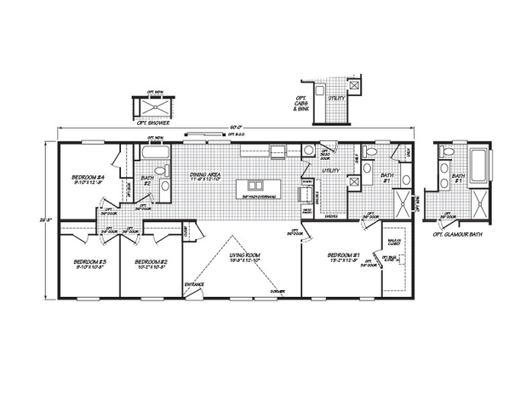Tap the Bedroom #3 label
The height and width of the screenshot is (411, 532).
pyautogui.click(x=89, y=263)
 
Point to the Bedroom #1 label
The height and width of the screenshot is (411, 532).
pyautogui.click(x=345, y=254)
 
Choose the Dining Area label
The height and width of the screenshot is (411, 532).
pyautogui.click(x=205, y=176)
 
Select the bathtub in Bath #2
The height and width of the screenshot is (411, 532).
pyautogui.click(x=155, y=155)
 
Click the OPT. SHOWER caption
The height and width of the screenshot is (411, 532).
pyautogui.click(x=153, y=123)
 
